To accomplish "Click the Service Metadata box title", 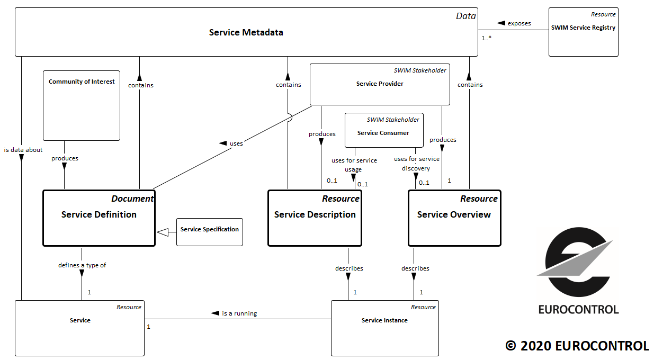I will coord(246,33).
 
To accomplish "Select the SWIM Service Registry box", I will coord(583,32).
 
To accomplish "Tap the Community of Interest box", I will coord(82,105).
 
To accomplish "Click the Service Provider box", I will coord(380,84).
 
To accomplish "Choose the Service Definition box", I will coord(99,218).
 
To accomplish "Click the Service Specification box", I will coord(210,232).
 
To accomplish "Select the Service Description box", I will coord(315,218).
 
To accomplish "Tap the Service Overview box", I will coord(454,218).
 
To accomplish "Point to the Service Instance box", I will coord(384,328).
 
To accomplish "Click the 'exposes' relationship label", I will coord(519,23).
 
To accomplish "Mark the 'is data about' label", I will coord(23,150).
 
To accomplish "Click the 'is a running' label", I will coord(239,313).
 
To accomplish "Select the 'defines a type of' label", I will coord(82,265).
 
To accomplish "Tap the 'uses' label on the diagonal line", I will coord(236,143).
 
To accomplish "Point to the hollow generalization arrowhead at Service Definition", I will coord(162,232).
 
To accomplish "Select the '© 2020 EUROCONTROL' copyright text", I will coord(577,346).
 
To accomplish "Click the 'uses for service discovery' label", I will coord(416,164).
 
